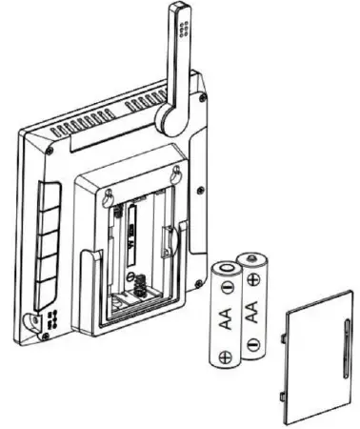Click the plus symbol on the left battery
pyautogui.click(x=225, y=358)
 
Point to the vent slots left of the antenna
pyautogui.click(x=105, y=125)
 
